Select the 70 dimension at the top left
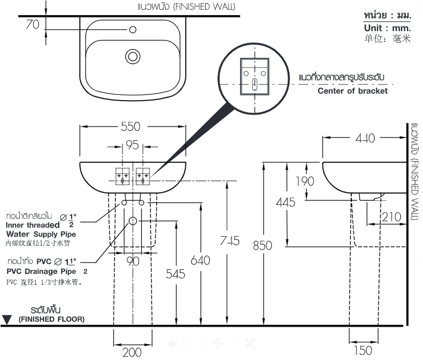[x=32, y=24]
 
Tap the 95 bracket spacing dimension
[x=133, y=145]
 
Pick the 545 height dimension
[x=175, y=274]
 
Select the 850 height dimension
[x=262, y=245]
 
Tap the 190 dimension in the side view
[x=305, y=181]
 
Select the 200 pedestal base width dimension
[x=132, y=352]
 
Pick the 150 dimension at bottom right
[x=362, y=351]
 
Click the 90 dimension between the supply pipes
[x=133, y=261]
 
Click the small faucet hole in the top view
[x=133, y=30]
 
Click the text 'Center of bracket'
[x=352, y=91]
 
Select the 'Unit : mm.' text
[x=387, y=28]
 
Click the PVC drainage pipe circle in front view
[x=133, y=221]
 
